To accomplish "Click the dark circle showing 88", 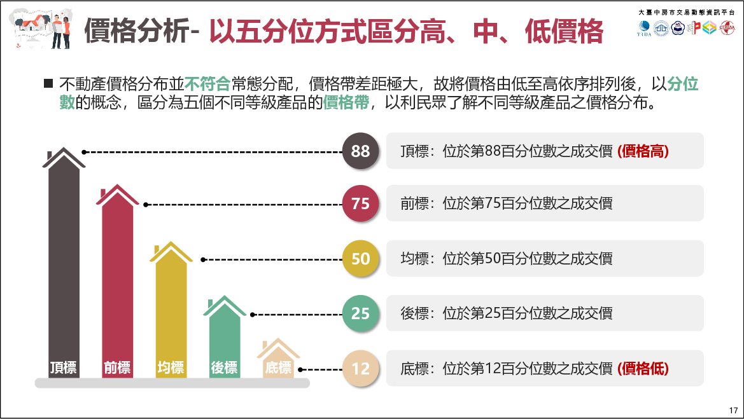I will click(x=360, y=151).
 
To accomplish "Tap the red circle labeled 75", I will click(x=360, y=203).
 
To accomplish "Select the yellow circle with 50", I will click(x=360, y=259).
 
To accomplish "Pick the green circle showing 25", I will click(x=360, y=313).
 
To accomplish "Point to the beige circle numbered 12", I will click(x=360, y=368).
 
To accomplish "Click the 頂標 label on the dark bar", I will click(x=64, y=367).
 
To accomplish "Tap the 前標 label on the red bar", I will click(x=117, y=367).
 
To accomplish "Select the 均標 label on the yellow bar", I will click(x=171, y=367).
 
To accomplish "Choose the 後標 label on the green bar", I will click(x=224, y=367).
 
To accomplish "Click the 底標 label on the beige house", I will click(x=278, y=367).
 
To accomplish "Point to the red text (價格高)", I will click(x=643, y=151).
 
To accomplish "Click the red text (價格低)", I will click(x=643, y=368).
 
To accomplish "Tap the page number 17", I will click(x=733, y=409).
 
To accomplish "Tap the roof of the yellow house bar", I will click(x=171, y=253).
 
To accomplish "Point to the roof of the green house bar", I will click(x=224, y=307).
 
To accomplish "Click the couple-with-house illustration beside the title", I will click(x=42, y=29).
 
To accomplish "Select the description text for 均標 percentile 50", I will click(x=507, y=259).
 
